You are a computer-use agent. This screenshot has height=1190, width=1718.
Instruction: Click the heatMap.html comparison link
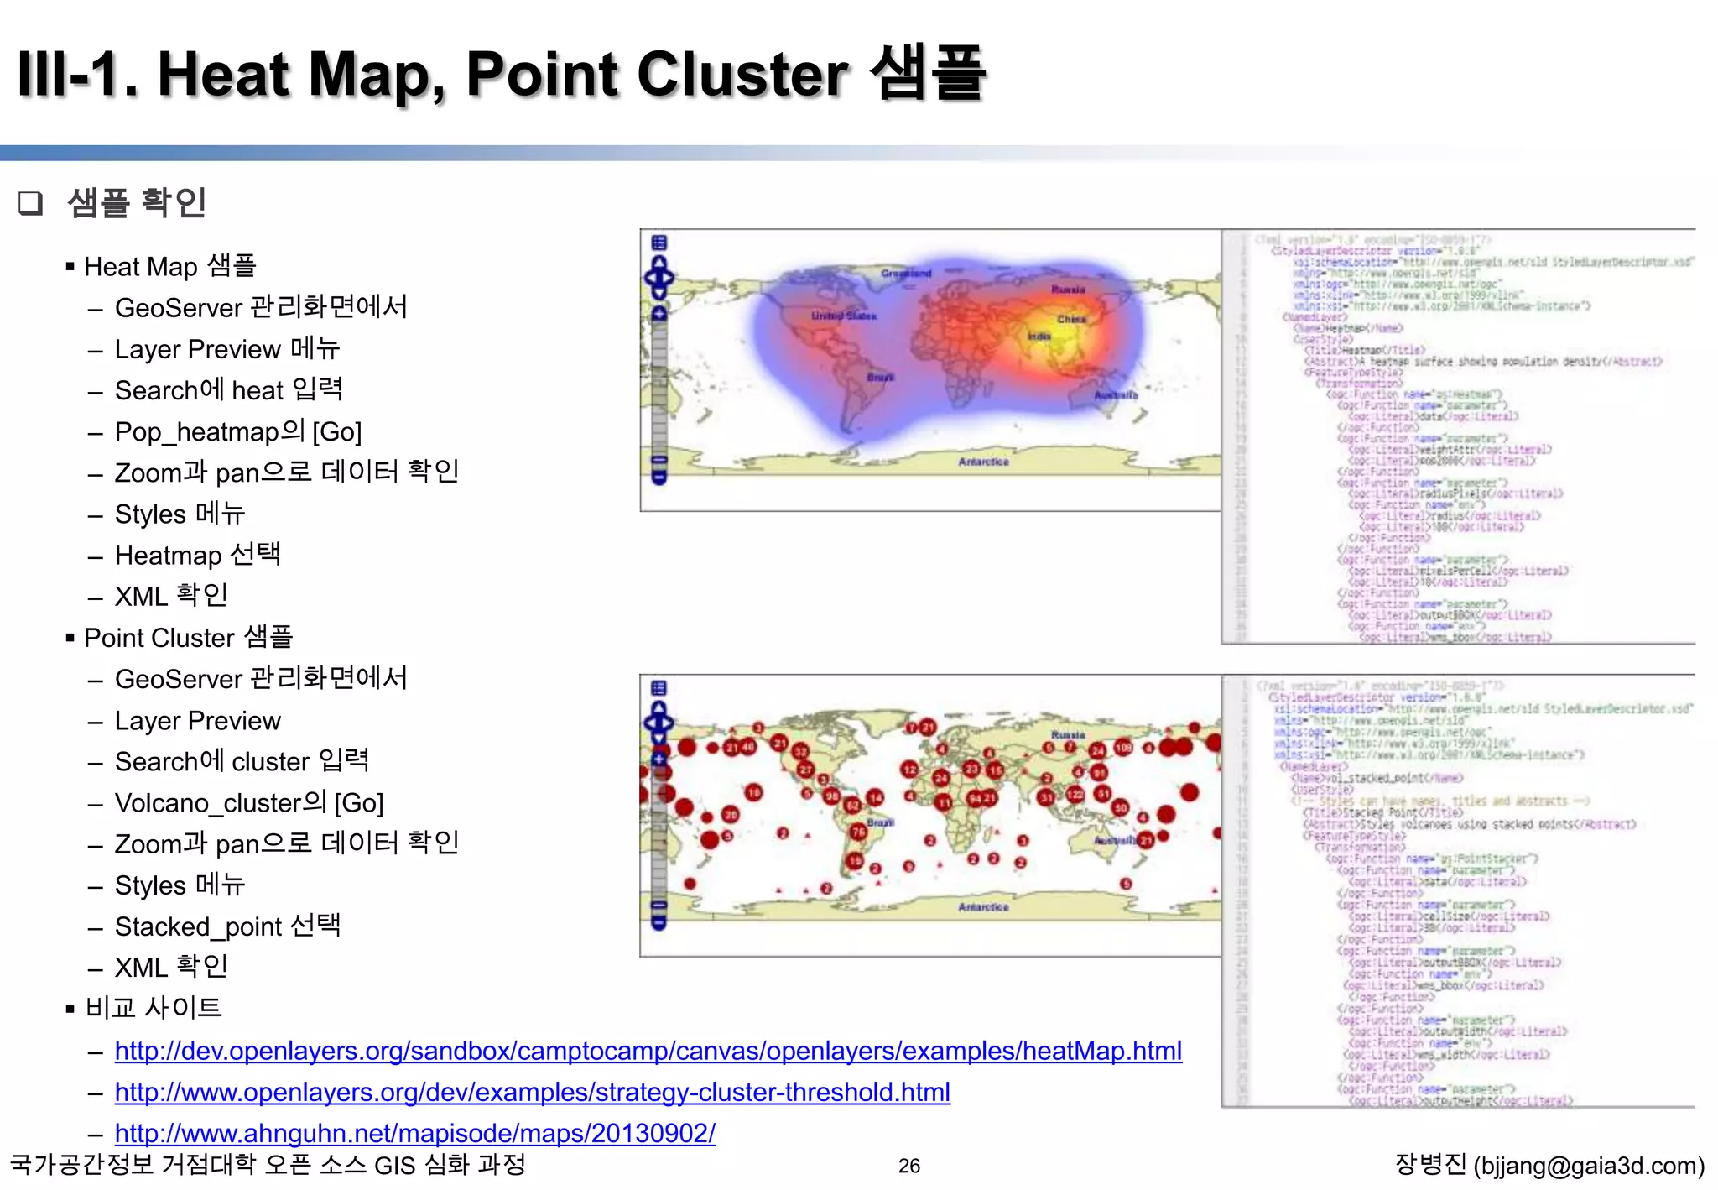pos(648,1051)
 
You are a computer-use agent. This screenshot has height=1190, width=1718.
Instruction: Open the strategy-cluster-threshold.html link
pos(532,1092)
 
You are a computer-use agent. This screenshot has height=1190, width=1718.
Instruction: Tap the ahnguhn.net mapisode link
pos(414,1133)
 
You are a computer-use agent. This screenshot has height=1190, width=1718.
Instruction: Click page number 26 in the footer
pos(908,1166)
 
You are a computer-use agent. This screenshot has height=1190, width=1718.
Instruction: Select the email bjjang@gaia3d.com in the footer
pos(1588,1166)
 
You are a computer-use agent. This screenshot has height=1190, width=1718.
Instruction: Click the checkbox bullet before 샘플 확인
pos(30,203)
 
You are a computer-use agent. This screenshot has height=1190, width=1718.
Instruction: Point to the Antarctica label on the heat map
pos(983,462)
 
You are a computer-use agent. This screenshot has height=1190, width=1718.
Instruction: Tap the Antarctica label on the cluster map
pos(983,907)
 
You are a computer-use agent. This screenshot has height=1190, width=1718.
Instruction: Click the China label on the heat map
pos(1071,319)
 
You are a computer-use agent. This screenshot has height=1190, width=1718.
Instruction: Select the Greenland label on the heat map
pos(906,274)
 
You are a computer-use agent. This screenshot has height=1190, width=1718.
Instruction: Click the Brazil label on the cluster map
pos(880,822)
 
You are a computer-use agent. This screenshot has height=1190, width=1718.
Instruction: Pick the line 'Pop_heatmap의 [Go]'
pos(238,431)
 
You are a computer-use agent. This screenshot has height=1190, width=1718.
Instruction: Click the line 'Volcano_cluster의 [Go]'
pos(249,803)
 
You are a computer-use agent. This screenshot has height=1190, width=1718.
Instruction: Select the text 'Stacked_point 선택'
pos(227,926)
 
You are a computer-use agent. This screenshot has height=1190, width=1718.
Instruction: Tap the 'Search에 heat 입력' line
pos(228,390)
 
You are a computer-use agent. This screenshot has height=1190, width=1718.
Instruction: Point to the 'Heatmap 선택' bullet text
pos(197,556)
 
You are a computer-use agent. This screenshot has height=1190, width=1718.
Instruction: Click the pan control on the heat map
pos(659,277)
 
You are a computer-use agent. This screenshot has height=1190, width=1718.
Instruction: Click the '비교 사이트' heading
pos(153,1008)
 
